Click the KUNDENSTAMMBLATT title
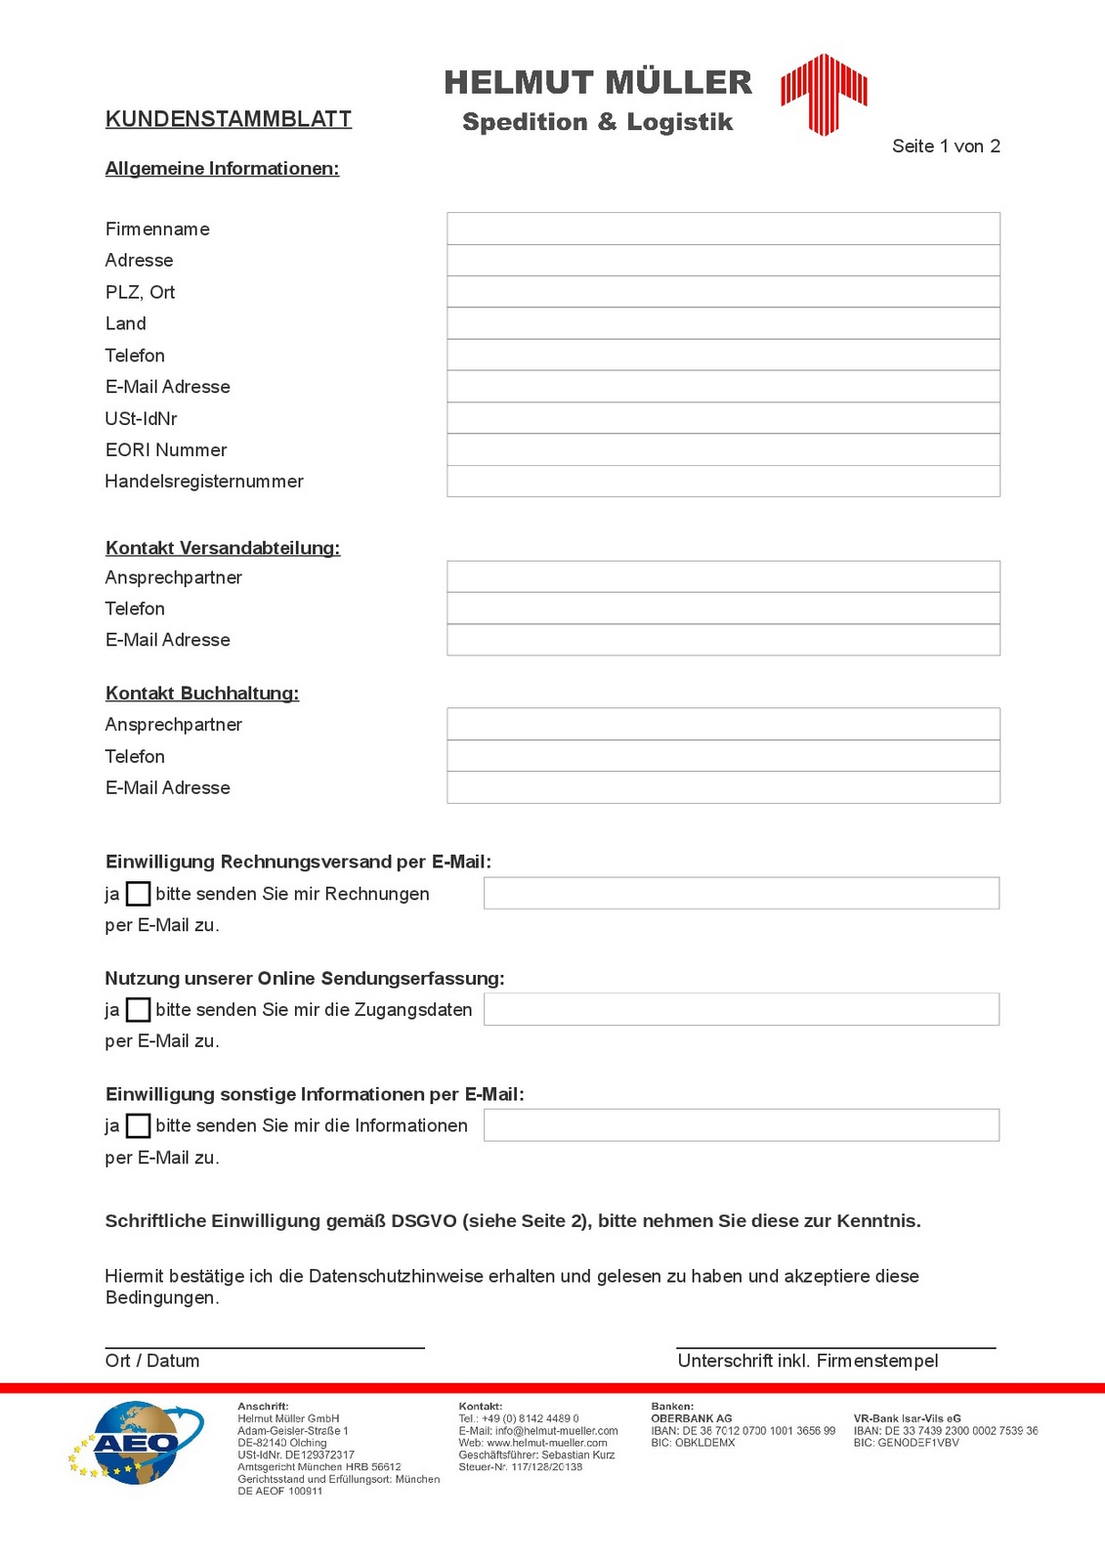point(228,119)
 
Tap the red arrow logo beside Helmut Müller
point(824,93)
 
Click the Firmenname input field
point(723,229)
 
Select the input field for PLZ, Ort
point(723,292)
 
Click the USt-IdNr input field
point(723,418)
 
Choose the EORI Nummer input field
point(723,449)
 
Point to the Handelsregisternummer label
point(204,482)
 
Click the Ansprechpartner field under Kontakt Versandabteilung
point(723,577)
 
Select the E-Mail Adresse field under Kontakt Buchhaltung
point(723,787)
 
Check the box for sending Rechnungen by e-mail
point(139,894)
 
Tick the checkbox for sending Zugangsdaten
point(139,1009)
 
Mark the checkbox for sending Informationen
point(139,1125)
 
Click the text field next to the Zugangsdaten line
point(741,1009)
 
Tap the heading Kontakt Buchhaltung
point(202,694)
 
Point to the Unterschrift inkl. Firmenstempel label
point(807,1361)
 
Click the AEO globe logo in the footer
point(137,1443)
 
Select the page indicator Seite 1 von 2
point(946,147)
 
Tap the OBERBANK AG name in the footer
point(691,1418)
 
